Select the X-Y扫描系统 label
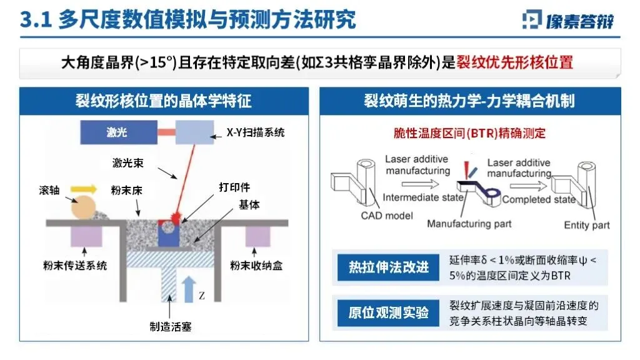pyautogui.click(x=255, y=132)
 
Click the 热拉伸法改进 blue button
pyautogui.click(x=388, y=267)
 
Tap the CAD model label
pyautogui.click(x=387, y=216)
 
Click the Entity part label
pyautogui.click(x=586, y=225)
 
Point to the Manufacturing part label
pyautogui.click(x=469, y=224)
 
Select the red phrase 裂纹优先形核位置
pyautogui.click(x=515, y=62)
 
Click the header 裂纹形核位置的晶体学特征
pyautogui.click(x=164, y=101)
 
